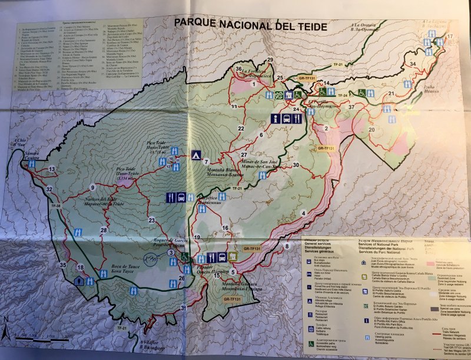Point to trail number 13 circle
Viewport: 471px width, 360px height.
[52, 169]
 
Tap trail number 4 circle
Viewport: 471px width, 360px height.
[304, 213]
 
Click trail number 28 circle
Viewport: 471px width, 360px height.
[104, 230]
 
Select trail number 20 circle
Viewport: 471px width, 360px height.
[372, 130]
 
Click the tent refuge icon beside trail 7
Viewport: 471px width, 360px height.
[195, 155]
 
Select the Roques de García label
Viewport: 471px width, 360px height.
[170, 242]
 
